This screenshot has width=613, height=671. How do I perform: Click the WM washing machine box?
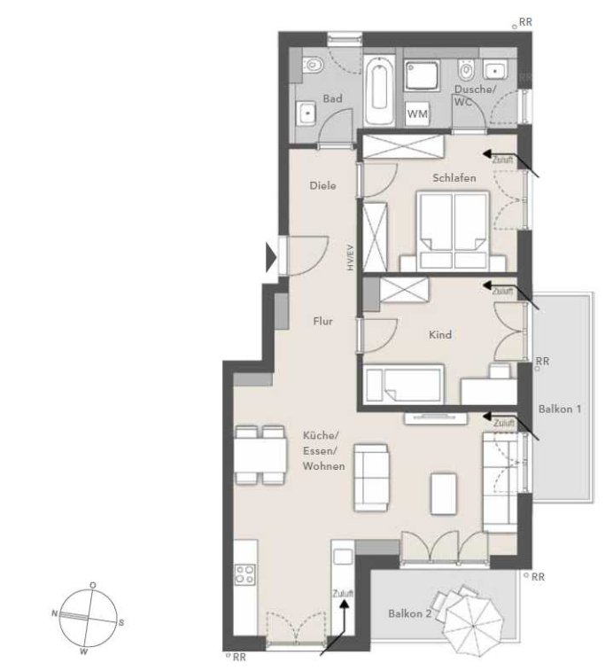417,113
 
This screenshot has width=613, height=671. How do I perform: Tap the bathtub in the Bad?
379,90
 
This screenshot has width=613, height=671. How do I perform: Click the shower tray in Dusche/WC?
423,75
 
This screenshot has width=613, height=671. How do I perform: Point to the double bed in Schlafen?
453,230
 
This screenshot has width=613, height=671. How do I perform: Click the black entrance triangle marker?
271,258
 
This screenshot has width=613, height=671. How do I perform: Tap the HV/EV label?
351,257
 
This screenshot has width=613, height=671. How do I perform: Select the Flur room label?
322,321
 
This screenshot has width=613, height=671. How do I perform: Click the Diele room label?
322,185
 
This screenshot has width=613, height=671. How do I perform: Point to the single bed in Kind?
404,384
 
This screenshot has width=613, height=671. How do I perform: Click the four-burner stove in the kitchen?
245,574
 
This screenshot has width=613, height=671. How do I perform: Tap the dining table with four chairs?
260,455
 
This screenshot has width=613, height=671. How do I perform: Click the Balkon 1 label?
560,409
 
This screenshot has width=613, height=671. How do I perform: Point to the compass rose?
88,618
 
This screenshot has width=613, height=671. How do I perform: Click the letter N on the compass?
54,613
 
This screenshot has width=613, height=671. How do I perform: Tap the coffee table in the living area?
444,493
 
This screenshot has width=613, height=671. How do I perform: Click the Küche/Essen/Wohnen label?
323,450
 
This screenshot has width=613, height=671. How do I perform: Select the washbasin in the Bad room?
306,113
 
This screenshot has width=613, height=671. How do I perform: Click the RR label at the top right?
525,22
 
